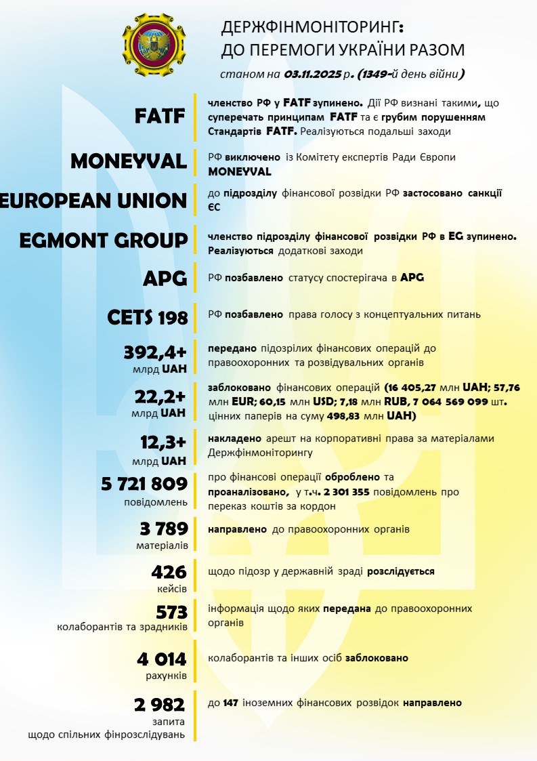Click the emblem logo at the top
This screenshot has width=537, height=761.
click(x=154, y=45)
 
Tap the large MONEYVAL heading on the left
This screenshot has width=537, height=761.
click(x=129, y=161)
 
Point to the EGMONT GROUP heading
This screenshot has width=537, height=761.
click(x=103, y=241)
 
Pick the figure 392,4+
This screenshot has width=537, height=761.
click(x=155, y=352)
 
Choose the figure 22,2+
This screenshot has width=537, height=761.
click(x=161, y=398)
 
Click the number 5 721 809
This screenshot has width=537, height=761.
click(x=144, y=484)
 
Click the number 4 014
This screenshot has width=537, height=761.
click(x=160, y=659)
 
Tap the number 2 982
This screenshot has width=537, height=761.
click(x=160, y=705)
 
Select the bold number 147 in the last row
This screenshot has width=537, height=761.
click(x=232, y=703)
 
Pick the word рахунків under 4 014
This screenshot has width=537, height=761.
click(x=166, y=675)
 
